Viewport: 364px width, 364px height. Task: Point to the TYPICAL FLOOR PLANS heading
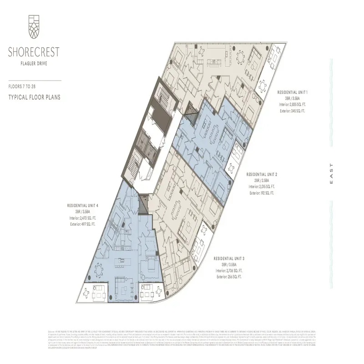(34, 97)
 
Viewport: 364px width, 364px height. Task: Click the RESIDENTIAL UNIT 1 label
(293, 92)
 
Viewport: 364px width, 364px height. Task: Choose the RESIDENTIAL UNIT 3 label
(230, 259)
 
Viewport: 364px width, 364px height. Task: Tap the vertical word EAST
(331, 173)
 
